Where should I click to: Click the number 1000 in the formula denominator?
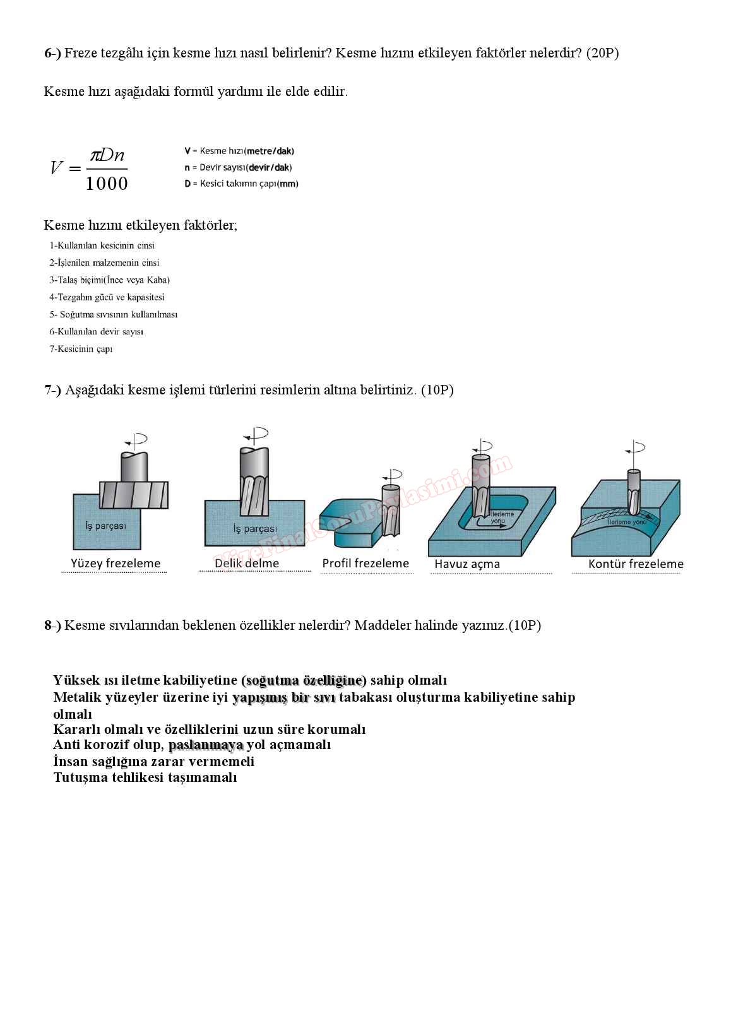107,184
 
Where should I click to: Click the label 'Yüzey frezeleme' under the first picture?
116,564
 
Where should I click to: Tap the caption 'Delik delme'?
247,564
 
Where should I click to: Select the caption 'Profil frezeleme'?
365,564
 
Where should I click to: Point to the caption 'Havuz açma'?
467,564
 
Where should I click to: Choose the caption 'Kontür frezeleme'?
636,564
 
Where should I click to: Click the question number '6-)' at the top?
52,53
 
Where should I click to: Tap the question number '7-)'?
52,390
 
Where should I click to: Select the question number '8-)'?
52,625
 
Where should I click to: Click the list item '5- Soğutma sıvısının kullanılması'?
114,314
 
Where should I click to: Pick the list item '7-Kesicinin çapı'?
81,349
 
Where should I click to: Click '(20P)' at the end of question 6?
602,53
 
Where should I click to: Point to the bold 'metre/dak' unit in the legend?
270,151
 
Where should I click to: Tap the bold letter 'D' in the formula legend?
187,184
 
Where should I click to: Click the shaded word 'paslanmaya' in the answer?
206,745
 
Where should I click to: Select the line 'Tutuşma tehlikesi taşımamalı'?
145,777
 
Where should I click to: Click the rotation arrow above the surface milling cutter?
136,439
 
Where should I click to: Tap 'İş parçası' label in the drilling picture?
255,529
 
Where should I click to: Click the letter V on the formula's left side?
57,168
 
